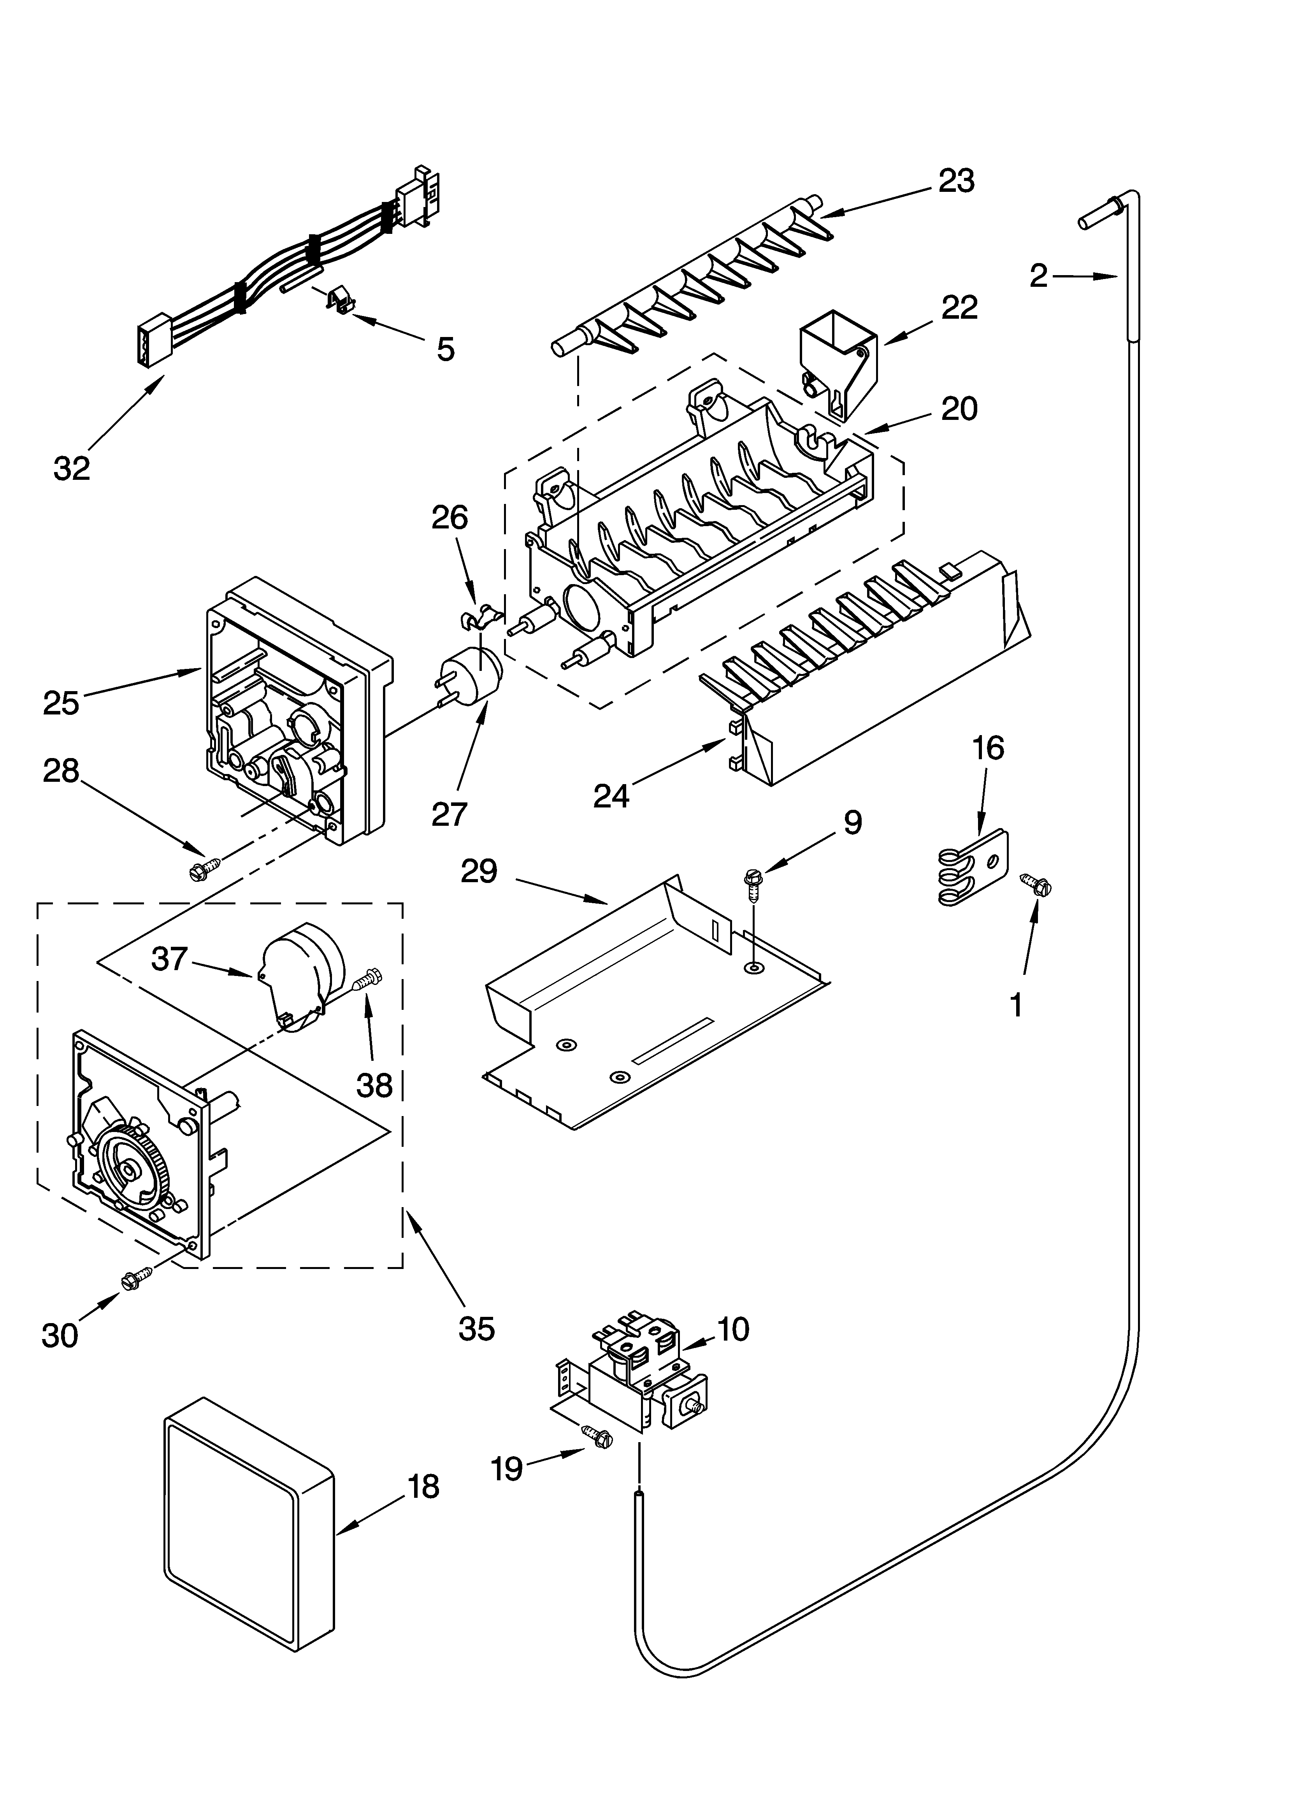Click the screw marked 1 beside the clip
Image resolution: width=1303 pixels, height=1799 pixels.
(x=1035, y=885)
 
